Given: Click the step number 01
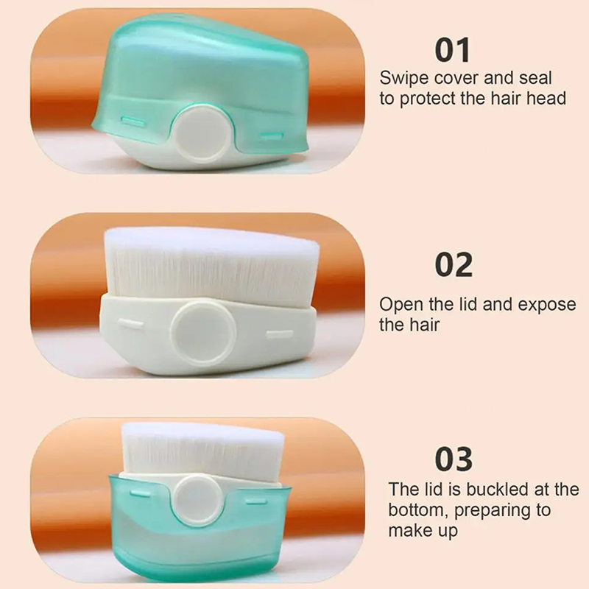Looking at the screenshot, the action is tap(453, 50).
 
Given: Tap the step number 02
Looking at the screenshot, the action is tap(454, 265).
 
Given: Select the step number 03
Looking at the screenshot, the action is tap(454, 459).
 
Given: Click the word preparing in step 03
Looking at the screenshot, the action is tap(496, 511).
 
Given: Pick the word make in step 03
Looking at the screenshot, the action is tap(407, 530).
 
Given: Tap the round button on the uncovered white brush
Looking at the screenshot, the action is tap(203, 334).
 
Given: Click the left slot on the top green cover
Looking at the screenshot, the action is tap(133, 121).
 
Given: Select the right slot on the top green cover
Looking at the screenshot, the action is tap(272, 135).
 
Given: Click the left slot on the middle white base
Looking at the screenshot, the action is tap(130, 324).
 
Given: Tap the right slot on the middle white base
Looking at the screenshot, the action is tap(280, 334).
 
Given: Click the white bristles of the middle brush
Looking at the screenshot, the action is tap(211, 262).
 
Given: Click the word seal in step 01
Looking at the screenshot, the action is tap(535, 78).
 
